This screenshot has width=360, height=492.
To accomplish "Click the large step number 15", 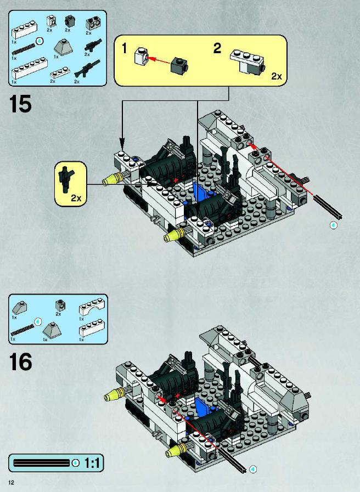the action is (20, 104).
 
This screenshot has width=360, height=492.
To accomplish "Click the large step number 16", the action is (20, 361).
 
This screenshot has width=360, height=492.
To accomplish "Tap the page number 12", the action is (12, 483).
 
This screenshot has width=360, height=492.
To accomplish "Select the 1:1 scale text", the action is (92, 463).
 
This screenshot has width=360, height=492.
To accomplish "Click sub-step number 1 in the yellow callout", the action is (125, 49).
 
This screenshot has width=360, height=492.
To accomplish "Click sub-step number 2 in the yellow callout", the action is (217, 48).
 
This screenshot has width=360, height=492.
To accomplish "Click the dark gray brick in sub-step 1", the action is (179, 66).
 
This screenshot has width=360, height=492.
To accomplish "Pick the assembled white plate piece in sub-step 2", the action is (248, 62).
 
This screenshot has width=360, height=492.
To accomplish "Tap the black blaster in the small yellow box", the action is (66, 179).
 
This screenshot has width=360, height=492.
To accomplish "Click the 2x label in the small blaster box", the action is (76, 198).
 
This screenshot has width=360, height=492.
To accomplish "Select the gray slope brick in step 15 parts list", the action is (64, 47).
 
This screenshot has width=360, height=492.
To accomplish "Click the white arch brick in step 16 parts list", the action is (91, 308).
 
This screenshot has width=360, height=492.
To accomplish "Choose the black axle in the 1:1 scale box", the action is (41, 463).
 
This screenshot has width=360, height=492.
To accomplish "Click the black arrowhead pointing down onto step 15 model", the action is (122, 145).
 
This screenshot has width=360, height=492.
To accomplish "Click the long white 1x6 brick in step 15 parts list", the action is (30, 68).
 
